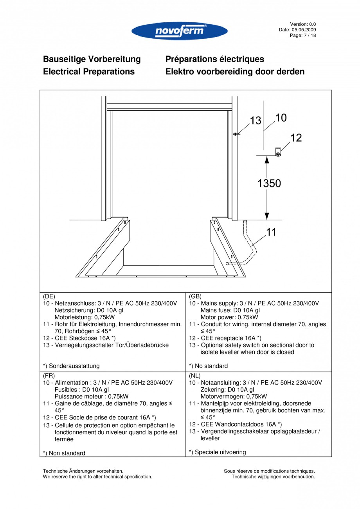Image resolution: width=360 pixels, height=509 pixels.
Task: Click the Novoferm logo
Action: (x=180, y=31)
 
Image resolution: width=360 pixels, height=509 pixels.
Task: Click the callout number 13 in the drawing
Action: (x=256, y=121)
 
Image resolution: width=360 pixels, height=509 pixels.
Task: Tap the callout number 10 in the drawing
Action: (x=281, y=117)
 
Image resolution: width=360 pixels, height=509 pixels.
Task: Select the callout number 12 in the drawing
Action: (x=296, y=138)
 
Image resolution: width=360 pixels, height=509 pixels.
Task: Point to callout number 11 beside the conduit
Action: (x=271, y=232)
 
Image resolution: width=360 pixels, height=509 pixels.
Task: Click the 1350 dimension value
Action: (x=269, y=183)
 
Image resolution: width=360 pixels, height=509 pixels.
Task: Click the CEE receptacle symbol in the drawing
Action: (x=278, y=152)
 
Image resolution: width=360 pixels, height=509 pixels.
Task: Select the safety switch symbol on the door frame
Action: (x=236, y=134)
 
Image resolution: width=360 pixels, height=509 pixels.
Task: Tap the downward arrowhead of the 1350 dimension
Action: (x=267, y=216)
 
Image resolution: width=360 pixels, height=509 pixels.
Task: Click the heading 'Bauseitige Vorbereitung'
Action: (x=92, y=59)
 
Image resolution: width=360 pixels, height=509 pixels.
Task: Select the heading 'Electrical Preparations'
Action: (x=89, y=72)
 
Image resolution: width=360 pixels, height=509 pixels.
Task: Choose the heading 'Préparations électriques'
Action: (x=214, y=59)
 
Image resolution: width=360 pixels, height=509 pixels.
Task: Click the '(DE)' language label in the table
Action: (x=49, y=296)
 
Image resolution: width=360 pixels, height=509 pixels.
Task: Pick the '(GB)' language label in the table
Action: (x=195, y=296)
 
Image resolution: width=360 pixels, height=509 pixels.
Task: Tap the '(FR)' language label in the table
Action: (x=49, y=376)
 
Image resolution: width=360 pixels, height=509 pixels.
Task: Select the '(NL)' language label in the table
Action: (x=195, y=376)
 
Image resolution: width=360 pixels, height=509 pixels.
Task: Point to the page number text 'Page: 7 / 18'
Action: (x=302, y=35)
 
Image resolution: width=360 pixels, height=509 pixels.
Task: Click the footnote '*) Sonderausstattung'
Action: (x=71, y=366)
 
